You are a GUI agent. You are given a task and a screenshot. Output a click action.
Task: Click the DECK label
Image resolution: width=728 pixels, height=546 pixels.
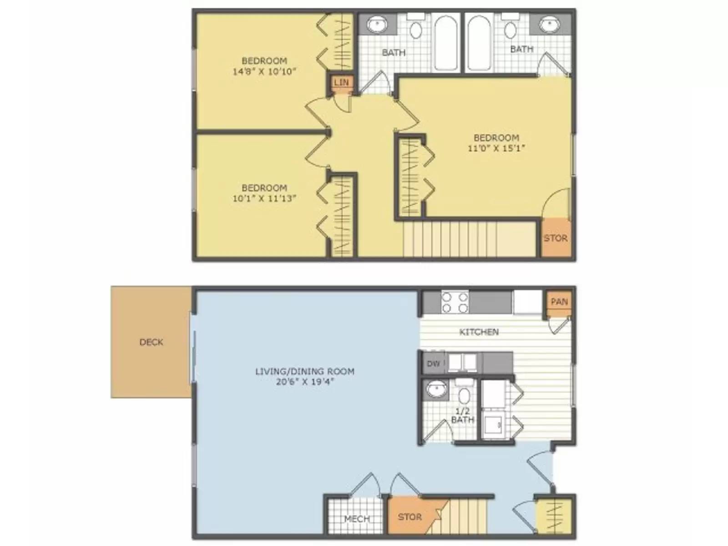click(151, 342)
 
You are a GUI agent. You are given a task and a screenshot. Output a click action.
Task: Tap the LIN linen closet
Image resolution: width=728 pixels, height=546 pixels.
click(341, 82)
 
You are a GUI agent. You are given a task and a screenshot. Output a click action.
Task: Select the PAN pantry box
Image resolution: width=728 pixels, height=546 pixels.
click(559, 302)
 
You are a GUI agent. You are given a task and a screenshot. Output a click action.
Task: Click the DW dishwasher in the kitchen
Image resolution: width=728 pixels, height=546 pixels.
click(433, 363)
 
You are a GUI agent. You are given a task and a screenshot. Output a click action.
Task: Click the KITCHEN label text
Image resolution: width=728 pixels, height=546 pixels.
click(479, 332)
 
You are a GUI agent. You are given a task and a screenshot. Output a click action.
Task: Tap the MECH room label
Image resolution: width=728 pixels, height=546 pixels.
click(357, 519)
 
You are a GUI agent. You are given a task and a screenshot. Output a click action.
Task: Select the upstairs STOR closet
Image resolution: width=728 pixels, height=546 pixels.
click(556, 238)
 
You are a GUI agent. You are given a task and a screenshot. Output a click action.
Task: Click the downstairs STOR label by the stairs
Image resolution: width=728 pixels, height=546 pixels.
click(409, 517)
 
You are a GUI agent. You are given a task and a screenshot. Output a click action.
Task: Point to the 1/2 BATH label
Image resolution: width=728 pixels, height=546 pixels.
click(462, 415)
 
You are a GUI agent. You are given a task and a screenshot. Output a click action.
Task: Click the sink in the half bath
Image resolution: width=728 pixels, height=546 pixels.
click(436, 390)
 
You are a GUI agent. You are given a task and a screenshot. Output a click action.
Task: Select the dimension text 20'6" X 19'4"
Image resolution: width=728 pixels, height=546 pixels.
click(305, 382)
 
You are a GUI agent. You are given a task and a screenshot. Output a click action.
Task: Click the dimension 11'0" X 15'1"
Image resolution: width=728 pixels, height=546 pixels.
click(496, 148)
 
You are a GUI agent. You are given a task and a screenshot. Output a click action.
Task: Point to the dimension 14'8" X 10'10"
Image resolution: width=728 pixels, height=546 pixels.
click(264, 71)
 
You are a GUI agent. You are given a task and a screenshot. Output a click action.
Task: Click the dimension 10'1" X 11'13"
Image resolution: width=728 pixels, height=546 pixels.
click(264, 198)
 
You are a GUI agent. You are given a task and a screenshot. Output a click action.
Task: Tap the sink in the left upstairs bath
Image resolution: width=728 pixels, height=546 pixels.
click(377, 25)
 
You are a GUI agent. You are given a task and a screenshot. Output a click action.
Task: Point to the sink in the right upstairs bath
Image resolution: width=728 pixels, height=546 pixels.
click(550, 24)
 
